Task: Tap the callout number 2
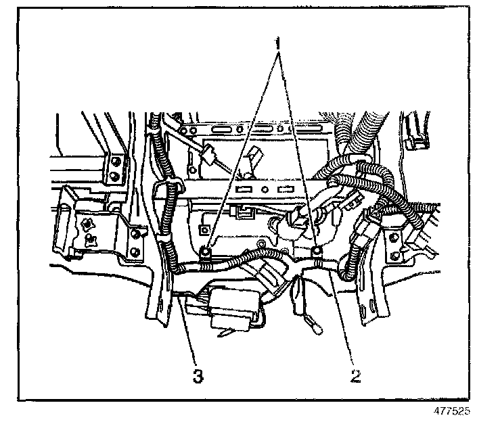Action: click(x=354, y=374)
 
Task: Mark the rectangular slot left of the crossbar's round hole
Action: click(x=246, y=189)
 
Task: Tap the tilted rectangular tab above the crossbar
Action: click(x=255, y=156)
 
